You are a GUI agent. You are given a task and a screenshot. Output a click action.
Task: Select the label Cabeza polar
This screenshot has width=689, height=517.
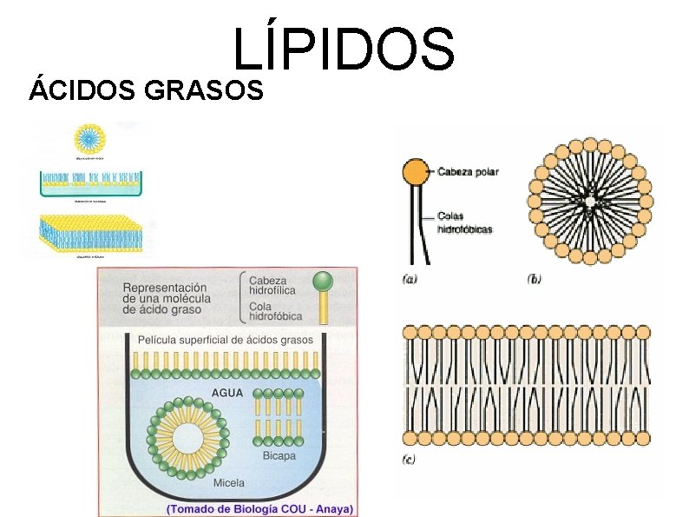(468, 171)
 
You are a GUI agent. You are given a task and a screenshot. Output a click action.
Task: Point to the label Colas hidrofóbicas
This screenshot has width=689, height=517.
(464, 223)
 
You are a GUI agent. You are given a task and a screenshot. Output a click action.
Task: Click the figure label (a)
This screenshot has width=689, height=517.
(410, 279)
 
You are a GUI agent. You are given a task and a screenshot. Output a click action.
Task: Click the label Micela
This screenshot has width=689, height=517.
(228, 482)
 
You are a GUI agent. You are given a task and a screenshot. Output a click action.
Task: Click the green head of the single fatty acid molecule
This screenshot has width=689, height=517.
(323, 280)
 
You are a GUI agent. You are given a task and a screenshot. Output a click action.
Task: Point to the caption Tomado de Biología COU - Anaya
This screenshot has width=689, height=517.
(259, 509)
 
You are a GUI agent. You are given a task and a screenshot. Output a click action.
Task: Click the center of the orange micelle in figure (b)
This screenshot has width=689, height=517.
(590, 201)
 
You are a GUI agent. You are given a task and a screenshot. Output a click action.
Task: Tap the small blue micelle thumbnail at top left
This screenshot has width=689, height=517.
(89, 138)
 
